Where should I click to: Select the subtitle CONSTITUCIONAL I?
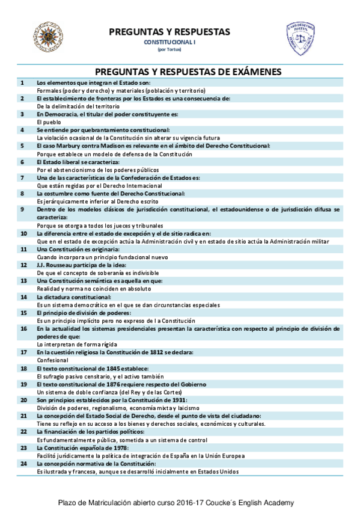(169, 43)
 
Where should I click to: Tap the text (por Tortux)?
(169, 49)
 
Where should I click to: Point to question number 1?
(22, 82)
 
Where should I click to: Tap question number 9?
(22, 209)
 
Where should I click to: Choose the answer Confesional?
(52, 360)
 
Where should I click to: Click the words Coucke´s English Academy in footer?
(258, 502)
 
